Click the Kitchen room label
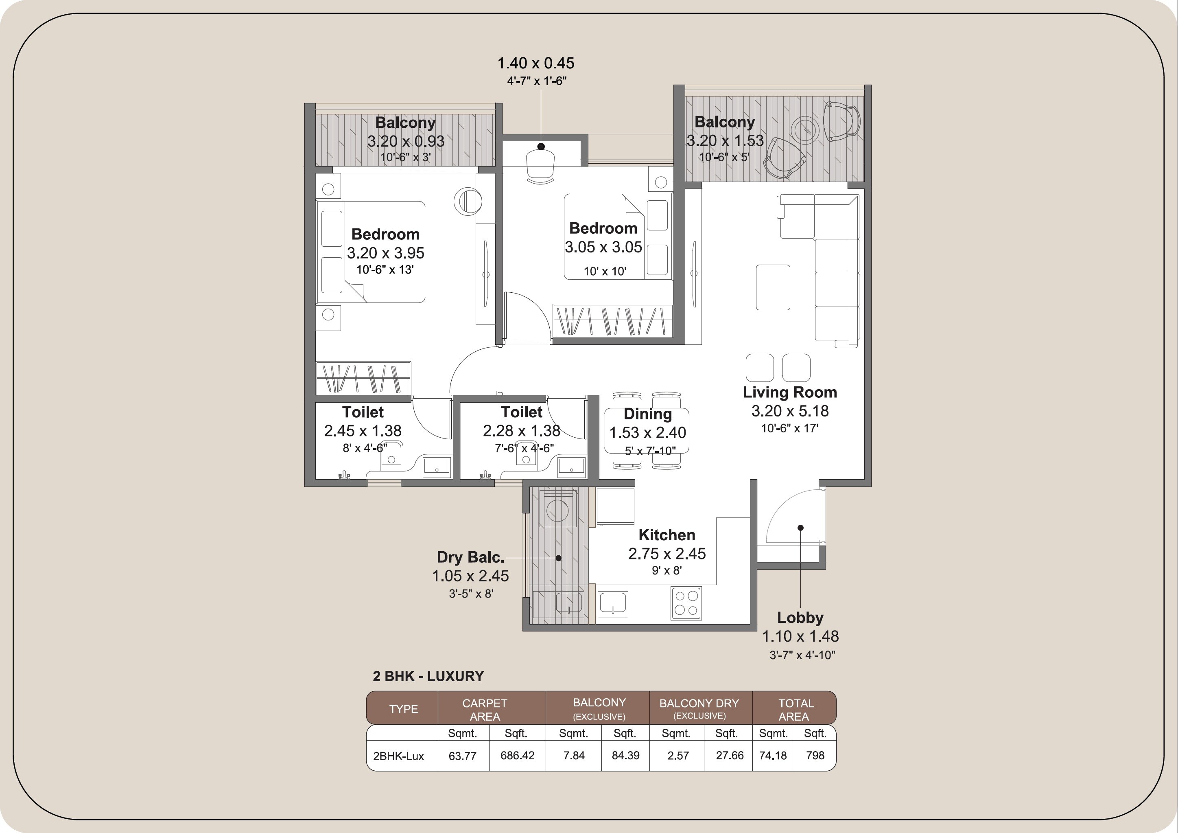[x=667, y=535]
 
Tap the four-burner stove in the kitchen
[x=686, y=603]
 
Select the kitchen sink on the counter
[x=613, y=603]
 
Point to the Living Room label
[x=790, y=392]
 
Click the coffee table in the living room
[x=773, y=287]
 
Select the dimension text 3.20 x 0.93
[x=405, y=141]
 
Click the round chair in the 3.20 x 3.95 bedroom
[x=468, y=201]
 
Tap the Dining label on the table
[x=647, y=414]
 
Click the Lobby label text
[x=800, y=618]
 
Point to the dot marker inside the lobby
[x=800, y=528]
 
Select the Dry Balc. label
[x=470, y=557]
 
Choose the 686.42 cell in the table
[x=517, y=756]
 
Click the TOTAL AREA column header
[x=795, y=709]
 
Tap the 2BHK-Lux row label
[x=399, y=756]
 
